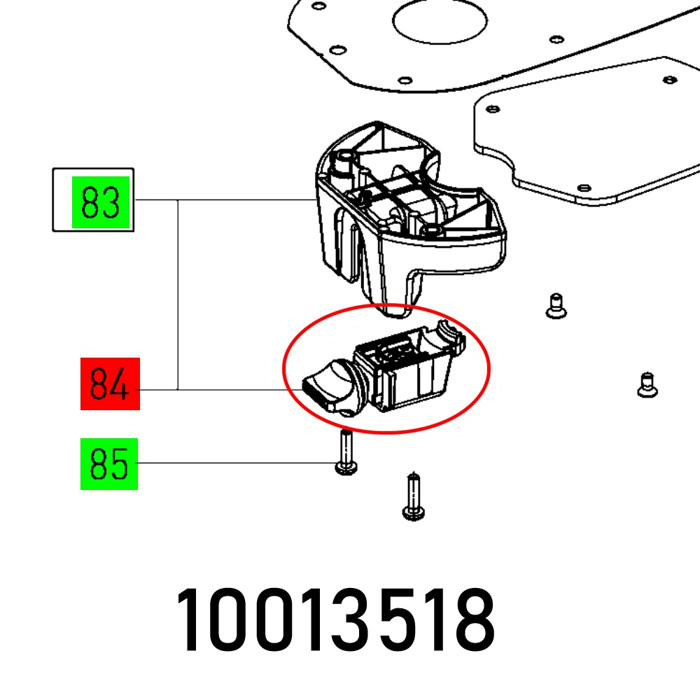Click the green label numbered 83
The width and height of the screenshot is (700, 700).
coord(100,202)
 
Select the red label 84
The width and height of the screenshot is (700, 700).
coord(110,384)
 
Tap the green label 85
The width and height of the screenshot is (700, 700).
coord(109,464)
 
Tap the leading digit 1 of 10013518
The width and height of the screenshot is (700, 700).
coord(188,619)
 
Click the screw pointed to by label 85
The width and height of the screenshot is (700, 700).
coord(346,452)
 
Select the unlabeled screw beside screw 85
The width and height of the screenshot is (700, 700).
coord(414,496)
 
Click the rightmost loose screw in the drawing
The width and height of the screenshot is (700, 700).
coord(647,384)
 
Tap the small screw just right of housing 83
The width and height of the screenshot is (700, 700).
coord(556,306)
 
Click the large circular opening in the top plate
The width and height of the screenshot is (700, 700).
coord(440,20)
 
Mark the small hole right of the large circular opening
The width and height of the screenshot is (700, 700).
coord(556,40)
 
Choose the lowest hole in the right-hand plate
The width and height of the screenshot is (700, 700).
coord(584,188)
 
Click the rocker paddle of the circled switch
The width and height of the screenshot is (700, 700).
coord(328,386)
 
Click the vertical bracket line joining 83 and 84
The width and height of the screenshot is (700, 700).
coord(178,295)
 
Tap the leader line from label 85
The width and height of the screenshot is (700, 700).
coord(237,463)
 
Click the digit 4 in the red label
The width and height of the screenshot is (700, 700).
coord(120,384)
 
